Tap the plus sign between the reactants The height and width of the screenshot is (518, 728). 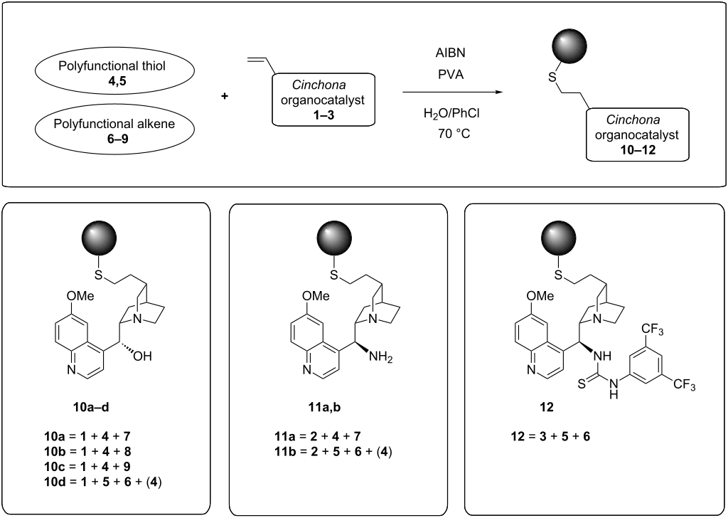point(225,95)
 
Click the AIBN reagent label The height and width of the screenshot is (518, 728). point(449,52)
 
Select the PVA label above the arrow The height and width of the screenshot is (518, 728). point(449,73)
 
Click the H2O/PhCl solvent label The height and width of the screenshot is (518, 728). point(449,114)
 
